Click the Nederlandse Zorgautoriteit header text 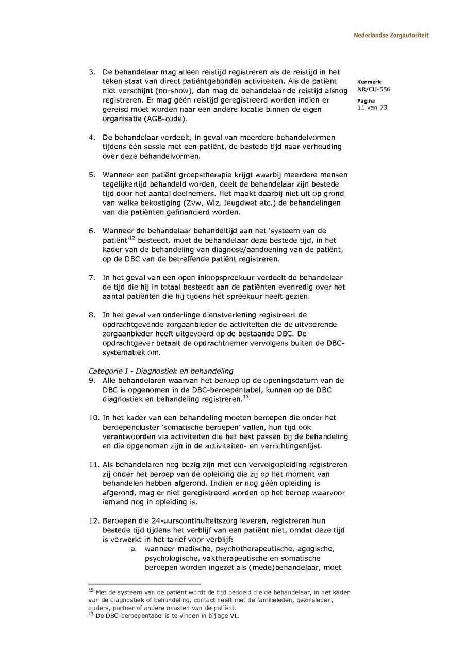[391, 36]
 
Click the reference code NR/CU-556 [373, 89]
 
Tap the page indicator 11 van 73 [372, 108]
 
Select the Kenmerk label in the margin [369, 82]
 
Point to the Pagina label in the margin [366, 101]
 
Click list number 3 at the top [91, 72]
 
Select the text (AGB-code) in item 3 [164, 119]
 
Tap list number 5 [91, 175]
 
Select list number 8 [91, 315]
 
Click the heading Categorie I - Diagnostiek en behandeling [161, 371]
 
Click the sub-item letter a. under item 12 [133, 549]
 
